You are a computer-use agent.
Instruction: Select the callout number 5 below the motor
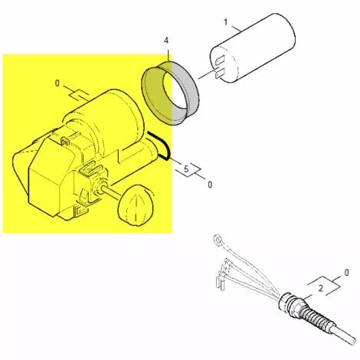185,167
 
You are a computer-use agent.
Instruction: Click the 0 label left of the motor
57,83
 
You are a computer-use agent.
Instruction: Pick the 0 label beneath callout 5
210,185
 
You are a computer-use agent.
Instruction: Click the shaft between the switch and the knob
107,191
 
